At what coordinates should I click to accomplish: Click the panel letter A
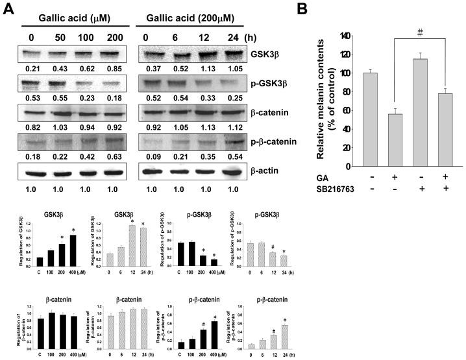coord(8,9)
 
